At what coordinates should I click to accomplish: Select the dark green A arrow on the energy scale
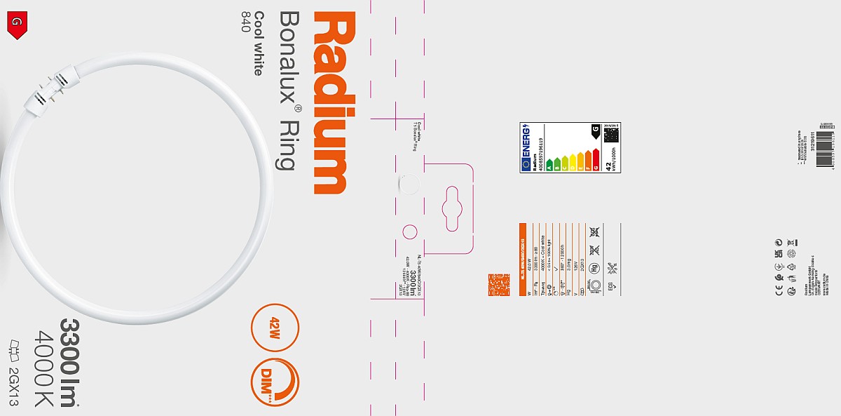pyautogui.click(x=551, y=166)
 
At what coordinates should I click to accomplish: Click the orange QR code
pyautogui.click(x=498, y=285)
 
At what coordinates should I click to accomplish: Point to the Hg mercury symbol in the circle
pyautogui.click(x=594, y=267)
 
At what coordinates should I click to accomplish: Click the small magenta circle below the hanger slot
pyautogui.click(x=410, y=232)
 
